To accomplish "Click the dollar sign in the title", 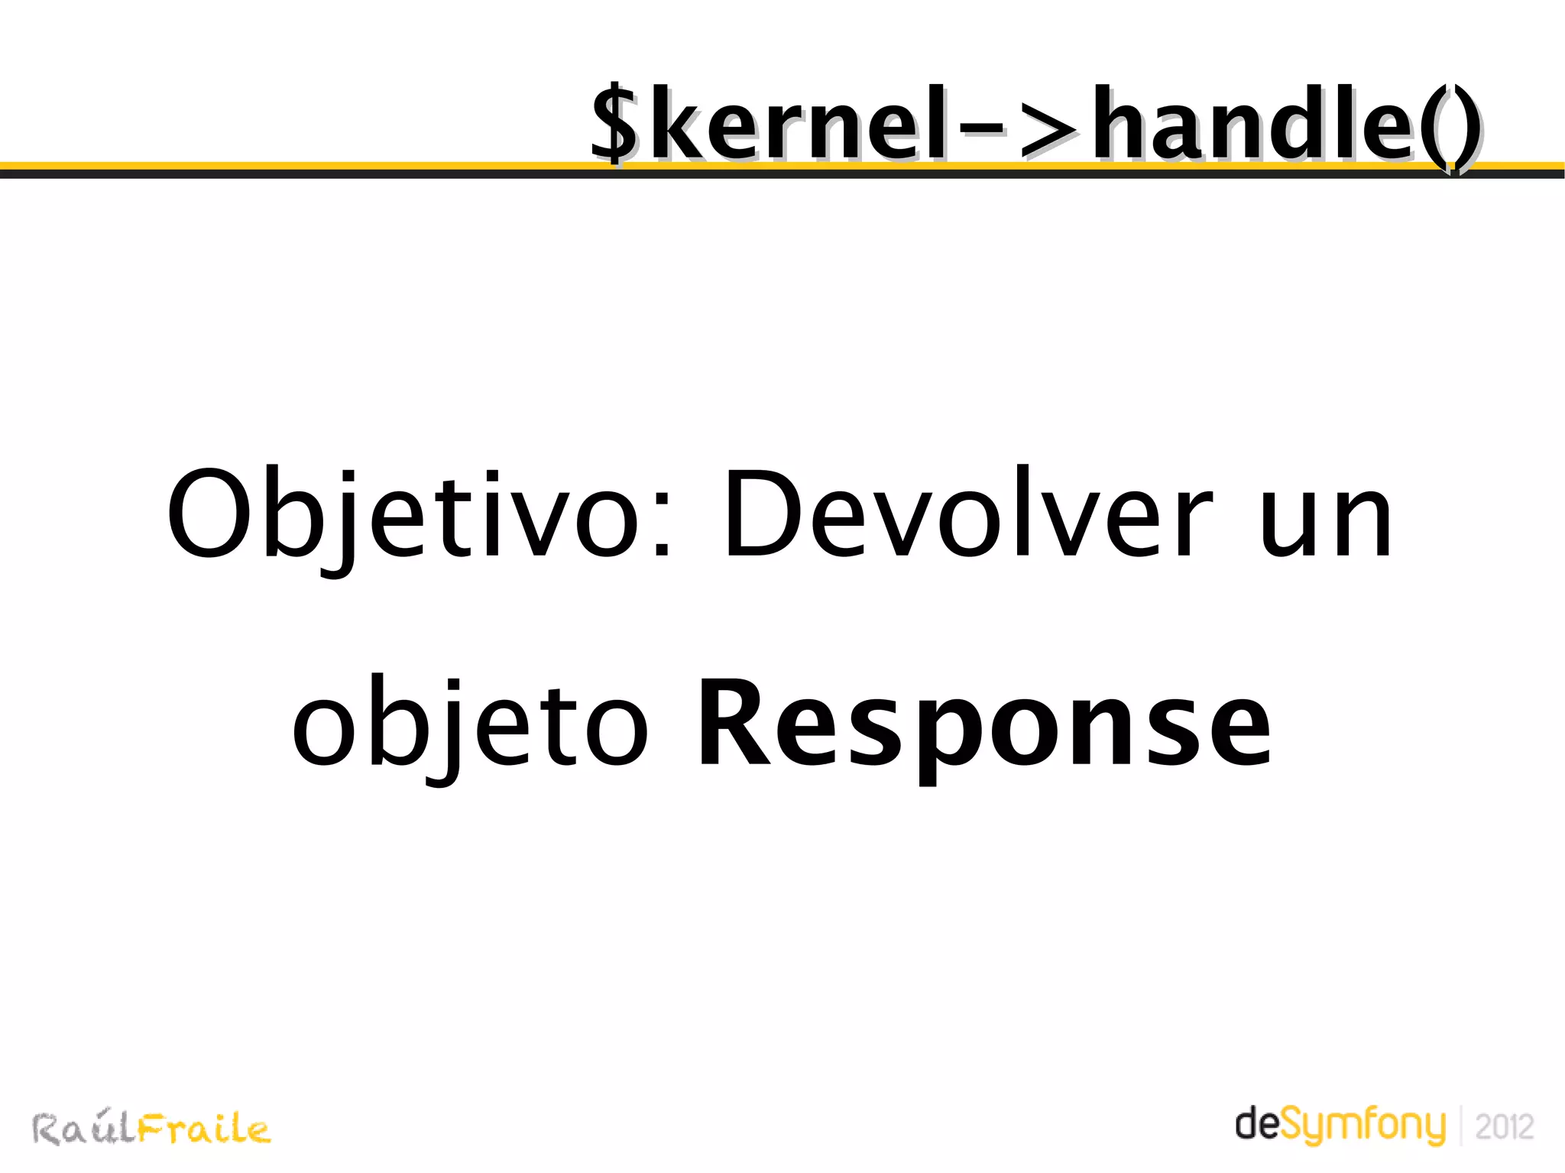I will coord(614,125).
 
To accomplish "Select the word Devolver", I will coord(967,514).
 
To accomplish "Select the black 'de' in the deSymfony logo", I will coord(1256,1125).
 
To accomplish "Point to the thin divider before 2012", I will coord(1461,1126).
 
